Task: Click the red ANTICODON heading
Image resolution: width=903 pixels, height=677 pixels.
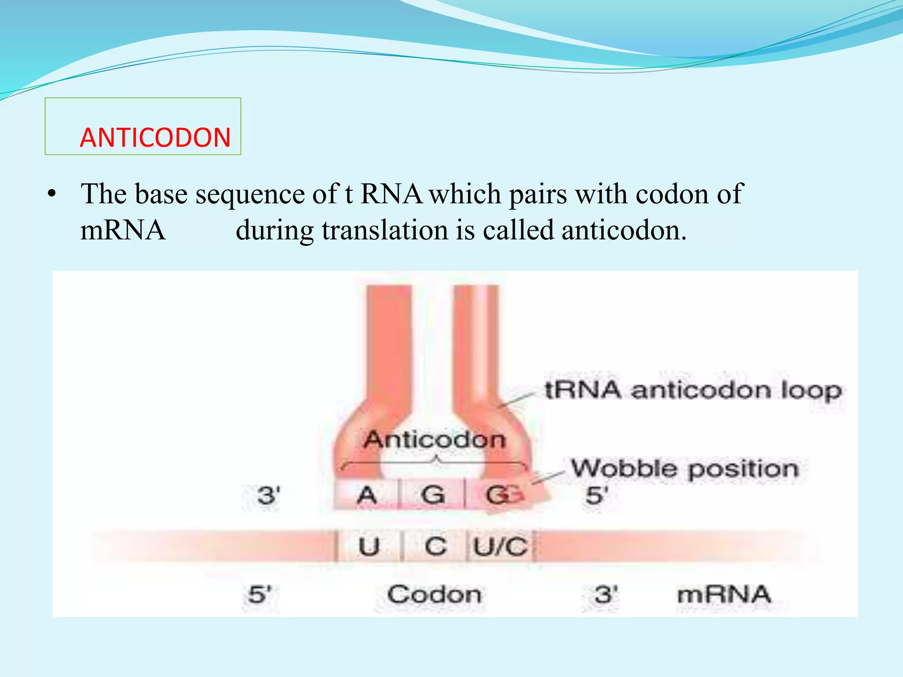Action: pyautogui.click(x=155, y=137)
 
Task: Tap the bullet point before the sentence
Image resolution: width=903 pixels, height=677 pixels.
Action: pyautogui.click(x=52, y=194)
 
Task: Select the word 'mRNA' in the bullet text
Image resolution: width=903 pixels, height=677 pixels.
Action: pyautogui.click(x=123, y=230)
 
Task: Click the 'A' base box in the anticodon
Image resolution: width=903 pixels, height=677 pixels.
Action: pyautogui.click(x=367, y=495)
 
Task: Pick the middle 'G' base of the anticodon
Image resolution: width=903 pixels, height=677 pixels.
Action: pyautogui.click(x=432, y=495)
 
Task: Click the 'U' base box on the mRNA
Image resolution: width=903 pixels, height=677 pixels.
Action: pyautogui.click(x=369, y=547)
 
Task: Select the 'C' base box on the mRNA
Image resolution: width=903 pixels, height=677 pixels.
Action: pyautogui.click(x=435, y=547)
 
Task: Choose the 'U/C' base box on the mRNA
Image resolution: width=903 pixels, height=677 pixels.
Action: pyautogui.click(x=500, y=547)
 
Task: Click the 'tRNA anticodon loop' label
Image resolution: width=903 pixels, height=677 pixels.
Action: pyautogui.click(x=693, y=391)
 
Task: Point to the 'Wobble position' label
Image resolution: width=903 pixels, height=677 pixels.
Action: pyautogui.click(x=685, y=469)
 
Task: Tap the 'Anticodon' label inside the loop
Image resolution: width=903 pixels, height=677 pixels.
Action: pyautogui.click(x=434, y=440)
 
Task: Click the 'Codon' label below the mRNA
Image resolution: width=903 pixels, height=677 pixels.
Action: pyautogui.click(x=434, y=595)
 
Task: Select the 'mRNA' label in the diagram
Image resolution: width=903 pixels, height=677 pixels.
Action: pyautogui.click(x=724, y=595)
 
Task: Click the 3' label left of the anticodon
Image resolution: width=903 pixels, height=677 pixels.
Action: pyautogui.click(x=269, y=496)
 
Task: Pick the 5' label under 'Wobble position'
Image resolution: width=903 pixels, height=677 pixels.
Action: pyautogui.click(x=597, y=496)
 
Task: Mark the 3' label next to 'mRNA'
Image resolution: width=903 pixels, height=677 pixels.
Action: pyautogui.click(x=605, y=595)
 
